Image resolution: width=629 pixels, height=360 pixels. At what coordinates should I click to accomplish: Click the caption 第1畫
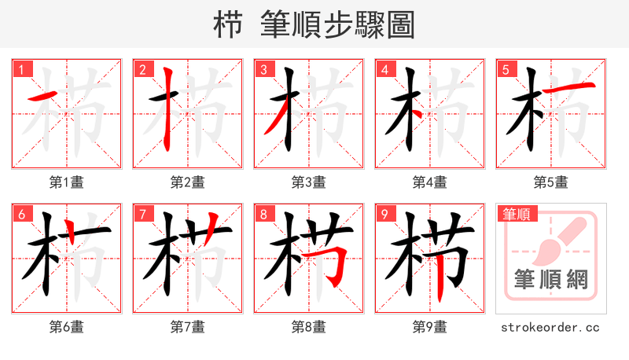click(x=67, y=182)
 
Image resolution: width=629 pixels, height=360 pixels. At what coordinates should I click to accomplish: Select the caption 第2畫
click(x=188, y=182)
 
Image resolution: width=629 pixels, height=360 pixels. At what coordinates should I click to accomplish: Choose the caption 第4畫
click(x=430, y=182)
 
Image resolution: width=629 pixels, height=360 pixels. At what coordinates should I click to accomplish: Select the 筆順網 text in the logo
click(x=550, y=281)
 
